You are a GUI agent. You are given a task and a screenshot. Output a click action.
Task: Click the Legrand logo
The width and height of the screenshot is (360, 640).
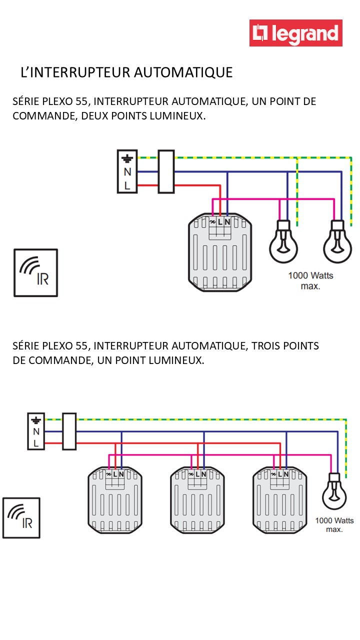click(x=296, y=33)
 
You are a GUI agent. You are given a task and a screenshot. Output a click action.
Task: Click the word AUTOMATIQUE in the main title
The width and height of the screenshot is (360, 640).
click(x=184, y=72)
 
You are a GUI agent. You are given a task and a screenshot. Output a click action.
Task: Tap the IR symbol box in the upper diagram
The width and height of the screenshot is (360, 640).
click(x=35, y=272)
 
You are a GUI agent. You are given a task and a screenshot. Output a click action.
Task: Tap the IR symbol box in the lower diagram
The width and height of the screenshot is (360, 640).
click(x=21, y=517)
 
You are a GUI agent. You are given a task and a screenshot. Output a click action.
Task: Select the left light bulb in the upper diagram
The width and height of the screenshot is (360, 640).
click(x=283, y=242)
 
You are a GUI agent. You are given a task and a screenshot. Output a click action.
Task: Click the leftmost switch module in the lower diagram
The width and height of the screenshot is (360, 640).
click(x=114, y=500)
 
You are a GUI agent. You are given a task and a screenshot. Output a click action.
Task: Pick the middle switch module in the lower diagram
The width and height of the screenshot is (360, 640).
click(x=197, y=500)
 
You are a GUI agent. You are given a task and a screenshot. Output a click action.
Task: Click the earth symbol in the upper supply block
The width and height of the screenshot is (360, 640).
click(x=127, y=159)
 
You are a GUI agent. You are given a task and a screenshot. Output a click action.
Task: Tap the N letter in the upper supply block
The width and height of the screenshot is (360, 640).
click(x=127, y=172)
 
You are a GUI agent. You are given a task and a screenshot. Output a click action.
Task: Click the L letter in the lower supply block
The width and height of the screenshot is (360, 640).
click(x=36, y=443)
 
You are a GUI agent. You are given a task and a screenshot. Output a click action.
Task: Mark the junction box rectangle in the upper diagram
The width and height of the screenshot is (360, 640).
click(x=166, y=171)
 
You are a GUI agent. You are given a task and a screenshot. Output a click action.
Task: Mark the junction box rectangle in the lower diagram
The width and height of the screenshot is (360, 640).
click(x=69, y=431)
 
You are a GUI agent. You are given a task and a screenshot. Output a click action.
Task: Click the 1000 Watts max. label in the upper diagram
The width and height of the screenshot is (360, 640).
click(x=310, y=281)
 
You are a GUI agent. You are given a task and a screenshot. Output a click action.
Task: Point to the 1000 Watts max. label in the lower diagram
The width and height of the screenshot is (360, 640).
click(x=334, y=524)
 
